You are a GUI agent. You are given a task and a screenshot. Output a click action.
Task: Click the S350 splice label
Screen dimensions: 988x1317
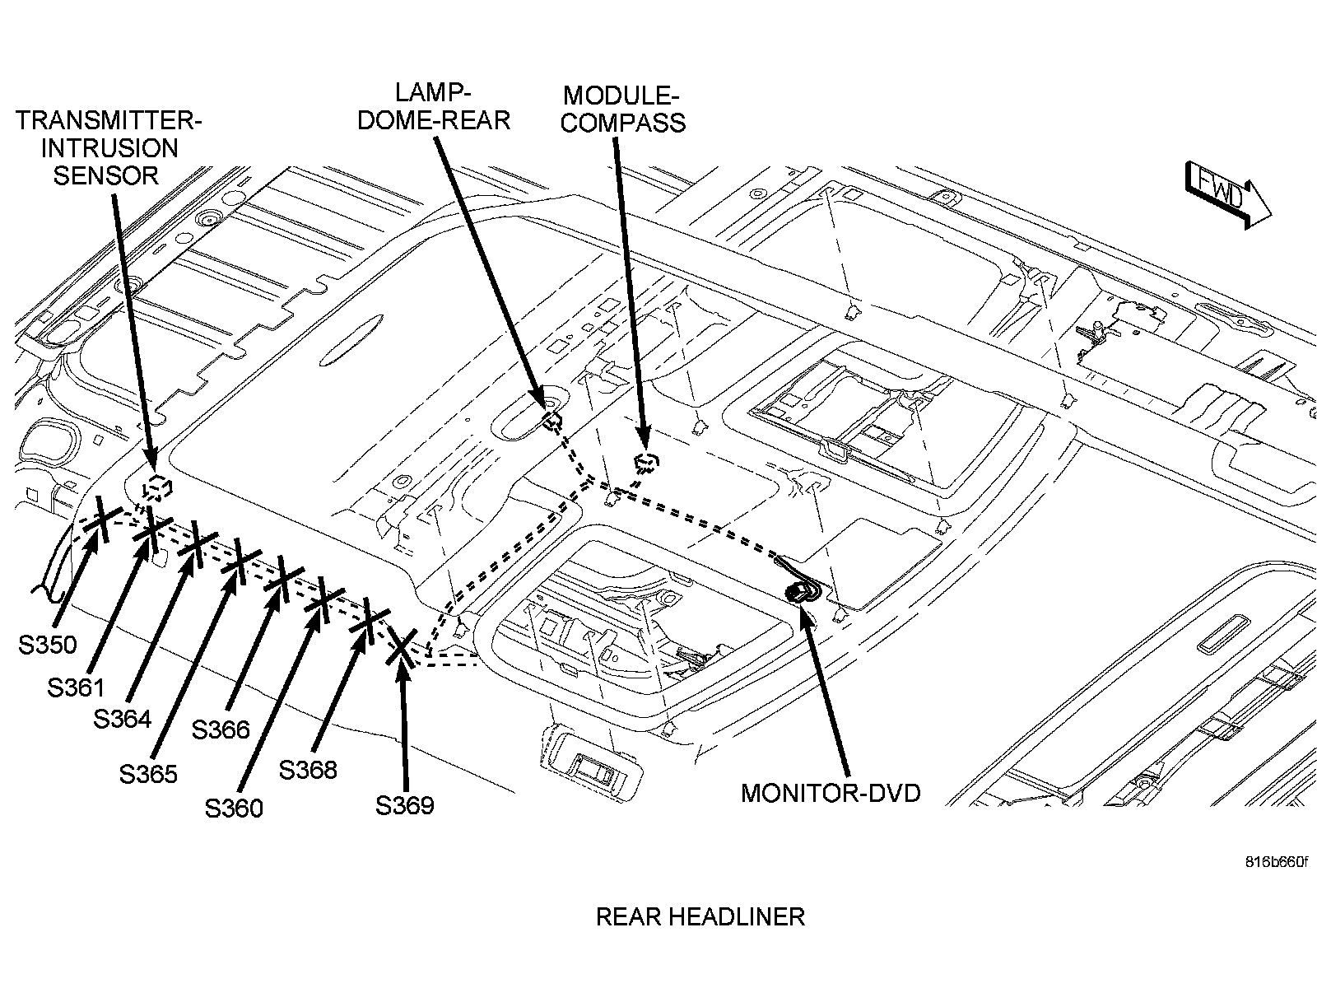click(x=47, y=645)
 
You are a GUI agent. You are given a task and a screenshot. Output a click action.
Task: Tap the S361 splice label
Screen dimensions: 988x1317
click(x=76, y=687)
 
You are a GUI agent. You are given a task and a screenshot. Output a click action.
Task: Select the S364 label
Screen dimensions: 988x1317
click(x=122, y=719)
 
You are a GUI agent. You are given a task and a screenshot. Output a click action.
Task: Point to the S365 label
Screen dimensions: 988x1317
click(x=148, y=774)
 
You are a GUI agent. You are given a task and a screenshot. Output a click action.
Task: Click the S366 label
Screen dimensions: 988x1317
click(x=221, y=729)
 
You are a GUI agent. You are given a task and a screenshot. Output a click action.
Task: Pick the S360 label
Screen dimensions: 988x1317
click(x=234, y=809)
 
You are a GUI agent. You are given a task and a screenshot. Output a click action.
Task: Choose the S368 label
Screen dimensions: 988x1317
click(x=308, y=770)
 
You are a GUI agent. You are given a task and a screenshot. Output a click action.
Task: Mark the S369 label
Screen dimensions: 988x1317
click(x=404, y=805)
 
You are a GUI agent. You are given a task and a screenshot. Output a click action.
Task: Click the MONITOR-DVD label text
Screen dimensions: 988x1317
click(x=831, y=793)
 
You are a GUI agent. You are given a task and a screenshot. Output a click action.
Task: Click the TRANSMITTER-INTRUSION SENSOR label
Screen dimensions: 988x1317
click(x=109, y=148)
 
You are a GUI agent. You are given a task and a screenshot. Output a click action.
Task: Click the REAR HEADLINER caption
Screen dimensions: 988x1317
click(x=700, y=916)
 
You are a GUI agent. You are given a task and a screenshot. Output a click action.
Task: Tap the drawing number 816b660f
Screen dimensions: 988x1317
click(x=1275, y=862)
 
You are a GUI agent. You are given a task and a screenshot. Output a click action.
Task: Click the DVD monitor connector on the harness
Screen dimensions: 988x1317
click(x=798, y=591)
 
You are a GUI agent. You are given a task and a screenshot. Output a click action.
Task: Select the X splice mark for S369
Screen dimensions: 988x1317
click(x=401, y=647)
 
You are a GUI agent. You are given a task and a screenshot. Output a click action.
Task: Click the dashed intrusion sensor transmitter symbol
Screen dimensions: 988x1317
click(x=156, y=487)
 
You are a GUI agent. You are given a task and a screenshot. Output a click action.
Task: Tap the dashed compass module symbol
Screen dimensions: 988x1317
click(x=647, y=462)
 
